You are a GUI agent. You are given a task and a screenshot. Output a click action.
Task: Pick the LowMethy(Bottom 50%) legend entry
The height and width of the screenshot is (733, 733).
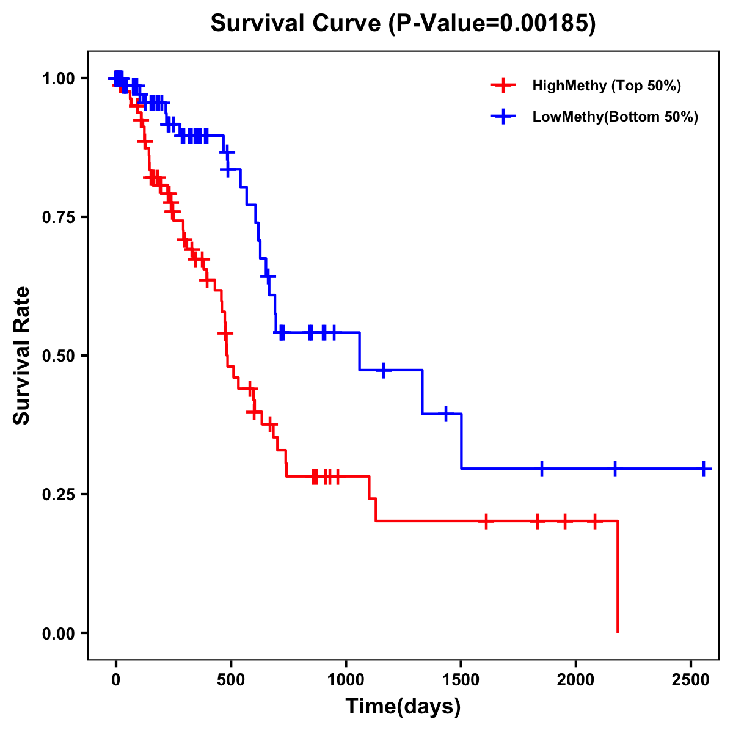[614, 117]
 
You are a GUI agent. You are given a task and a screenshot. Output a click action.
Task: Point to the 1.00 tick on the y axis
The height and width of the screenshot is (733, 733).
[59, 78]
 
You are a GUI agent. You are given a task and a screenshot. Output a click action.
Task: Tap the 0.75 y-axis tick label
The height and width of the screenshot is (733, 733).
[59, 217]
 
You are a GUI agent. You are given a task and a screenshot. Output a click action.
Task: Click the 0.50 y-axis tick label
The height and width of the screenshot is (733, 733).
[59, 356]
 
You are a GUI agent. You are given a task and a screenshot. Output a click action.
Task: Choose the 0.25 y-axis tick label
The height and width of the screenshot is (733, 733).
[59, 494]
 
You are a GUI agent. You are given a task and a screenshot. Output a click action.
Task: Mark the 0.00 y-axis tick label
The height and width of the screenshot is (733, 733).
[59, 633]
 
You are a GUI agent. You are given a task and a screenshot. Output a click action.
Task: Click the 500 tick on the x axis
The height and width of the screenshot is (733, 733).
[231, 677]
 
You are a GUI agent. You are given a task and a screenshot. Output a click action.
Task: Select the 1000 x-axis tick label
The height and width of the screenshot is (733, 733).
[346, 677]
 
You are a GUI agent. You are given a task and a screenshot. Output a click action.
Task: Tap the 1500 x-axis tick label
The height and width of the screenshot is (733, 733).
[461, 677]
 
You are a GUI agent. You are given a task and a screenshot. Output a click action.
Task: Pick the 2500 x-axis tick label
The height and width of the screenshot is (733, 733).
[691, 677]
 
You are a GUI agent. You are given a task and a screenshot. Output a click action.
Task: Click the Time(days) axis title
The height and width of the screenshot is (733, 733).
[403, 707]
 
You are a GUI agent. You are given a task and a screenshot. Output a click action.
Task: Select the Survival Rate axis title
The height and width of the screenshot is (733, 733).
[22, 356]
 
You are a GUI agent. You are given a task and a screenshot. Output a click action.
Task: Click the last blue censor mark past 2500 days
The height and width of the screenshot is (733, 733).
[704, 469]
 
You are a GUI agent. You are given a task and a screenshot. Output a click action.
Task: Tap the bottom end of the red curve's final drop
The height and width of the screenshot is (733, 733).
[618, 632]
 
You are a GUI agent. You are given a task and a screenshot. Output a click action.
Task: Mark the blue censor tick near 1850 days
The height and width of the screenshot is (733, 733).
[541, 469]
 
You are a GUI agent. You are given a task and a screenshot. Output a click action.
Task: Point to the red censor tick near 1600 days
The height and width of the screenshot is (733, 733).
[486, 522]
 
